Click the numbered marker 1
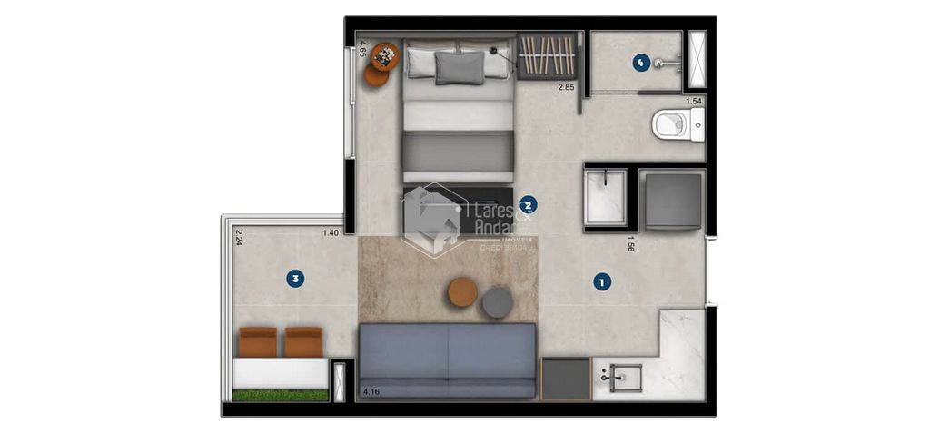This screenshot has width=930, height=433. pyautogui.click(x=601, y=282)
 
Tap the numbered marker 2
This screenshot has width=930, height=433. pyautogui.click(x=529, y=205)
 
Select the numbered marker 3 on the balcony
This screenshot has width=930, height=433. pyautogui.click(x=294, y=279)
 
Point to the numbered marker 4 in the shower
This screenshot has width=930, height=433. pyautogui.click(x=641, y=63)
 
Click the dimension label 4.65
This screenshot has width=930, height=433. pyautogui.click(x=363, y=49)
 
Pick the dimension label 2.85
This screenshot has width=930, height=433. pyautogui.click(x=567, y=88)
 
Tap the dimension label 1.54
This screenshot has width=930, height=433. pyautogui.click(x=694, y=102)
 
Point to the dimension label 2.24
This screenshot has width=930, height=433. pyautogui.click(x=239, y=238)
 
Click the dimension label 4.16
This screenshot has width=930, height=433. pyautogui.click(x=371, y=393)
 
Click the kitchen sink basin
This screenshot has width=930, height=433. pyautogui.click(x=627, y=377)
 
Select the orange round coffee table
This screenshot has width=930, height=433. pyautogui.click(x=462, y=292)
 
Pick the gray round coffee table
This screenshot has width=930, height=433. pyautogui.click(x=498, y=302)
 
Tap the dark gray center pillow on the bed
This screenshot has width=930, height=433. pyautogui.click(x=460, y=68)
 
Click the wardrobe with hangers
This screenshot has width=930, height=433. pyautogui.click(x=548, y=56)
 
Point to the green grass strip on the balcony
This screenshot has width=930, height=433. pyautogui.click(x=280, y=396)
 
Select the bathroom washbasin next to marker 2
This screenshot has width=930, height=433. pyautogui.click(x=605, y=196)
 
